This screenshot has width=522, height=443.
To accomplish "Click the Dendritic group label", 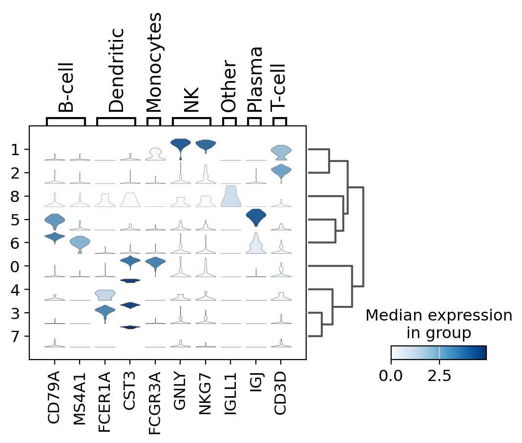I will pos(116,70).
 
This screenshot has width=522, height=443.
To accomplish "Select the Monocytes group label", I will pos(154,62).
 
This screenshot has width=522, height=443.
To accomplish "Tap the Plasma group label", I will pos(254,80).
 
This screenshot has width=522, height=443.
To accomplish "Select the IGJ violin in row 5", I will pos(255,217).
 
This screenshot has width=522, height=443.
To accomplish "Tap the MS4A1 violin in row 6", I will pos(80,242).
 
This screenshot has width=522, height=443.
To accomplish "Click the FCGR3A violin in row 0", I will pos(155,263).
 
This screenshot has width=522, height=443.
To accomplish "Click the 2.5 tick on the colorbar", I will pos(439,376).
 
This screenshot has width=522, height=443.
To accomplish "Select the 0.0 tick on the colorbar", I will pos(391,376).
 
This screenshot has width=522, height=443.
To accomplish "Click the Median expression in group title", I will pos(439,324).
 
